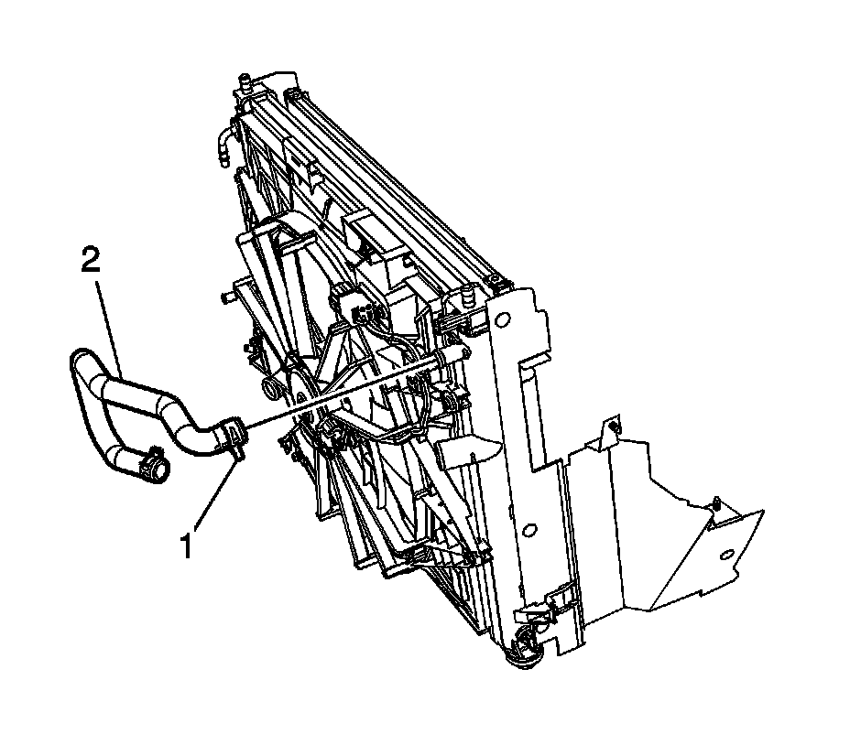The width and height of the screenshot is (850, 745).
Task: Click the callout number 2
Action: point(91,261)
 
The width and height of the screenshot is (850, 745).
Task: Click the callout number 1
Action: point(186,545)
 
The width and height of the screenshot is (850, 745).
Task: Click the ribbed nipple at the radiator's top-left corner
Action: point(245,81)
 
